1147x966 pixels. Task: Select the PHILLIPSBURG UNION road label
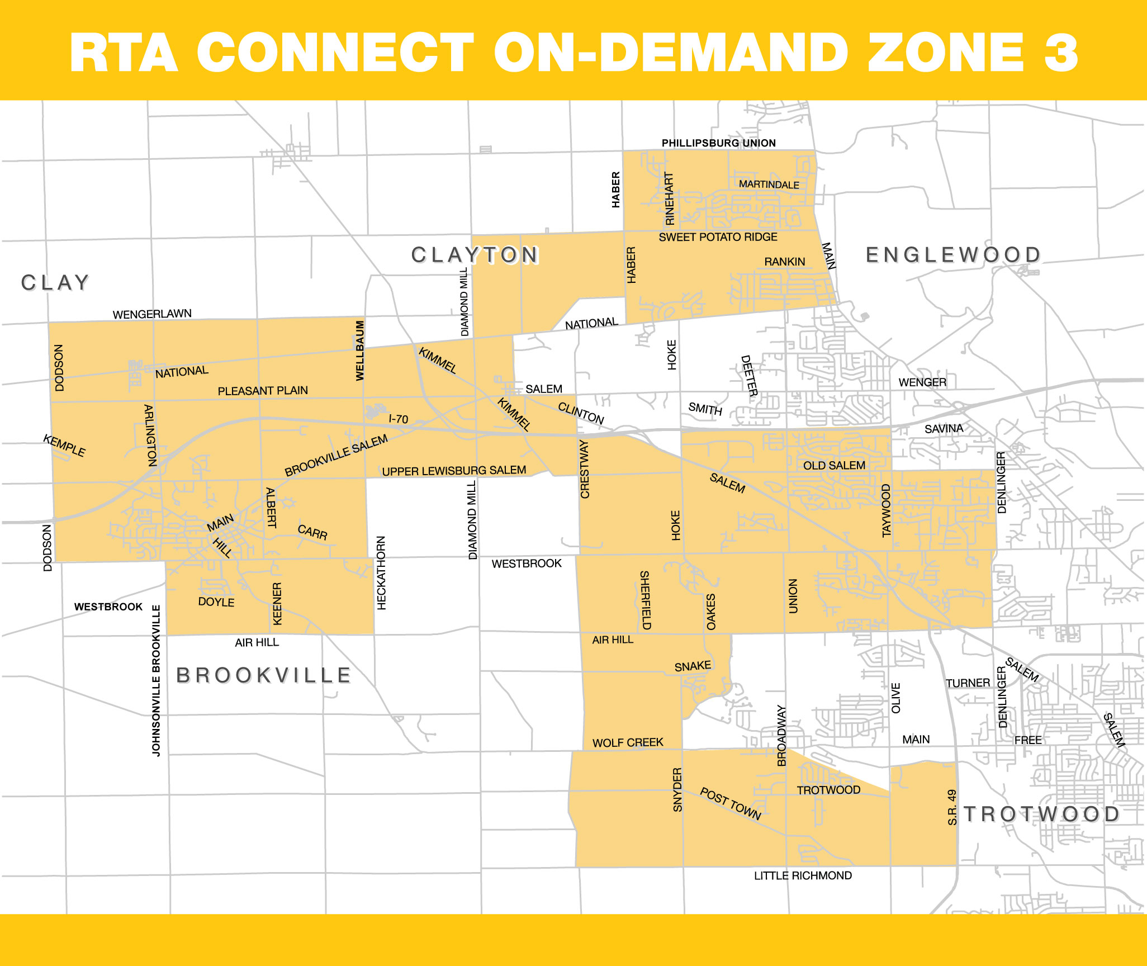coord(718,143)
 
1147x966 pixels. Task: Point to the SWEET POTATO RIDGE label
coord(718,237)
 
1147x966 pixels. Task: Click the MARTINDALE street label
coord(769,184)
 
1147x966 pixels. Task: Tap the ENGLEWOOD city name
coord(953,255)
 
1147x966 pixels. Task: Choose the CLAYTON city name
coord(475,255)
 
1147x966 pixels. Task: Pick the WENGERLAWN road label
coord(152,314)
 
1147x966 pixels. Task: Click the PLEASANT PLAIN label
coord(263,391)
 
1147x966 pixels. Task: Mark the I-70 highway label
coord(399,419)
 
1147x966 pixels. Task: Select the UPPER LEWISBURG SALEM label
coord(454,471)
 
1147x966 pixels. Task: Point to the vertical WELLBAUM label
coord(360,351)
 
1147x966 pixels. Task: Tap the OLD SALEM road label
coord(834,466)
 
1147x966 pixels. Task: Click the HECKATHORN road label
coord(381,572)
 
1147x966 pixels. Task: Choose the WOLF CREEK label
coord(628,742)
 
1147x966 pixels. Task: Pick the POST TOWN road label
coord(731,804)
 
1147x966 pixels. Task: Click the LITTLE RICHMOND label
coord(803,875)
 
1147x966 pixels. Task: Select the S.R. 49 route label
coord(952,807)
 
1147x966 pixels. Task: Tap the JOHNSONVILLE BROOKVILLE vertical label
coord(156,680)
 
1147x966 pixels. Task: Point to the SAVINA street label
coord(944,429)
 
